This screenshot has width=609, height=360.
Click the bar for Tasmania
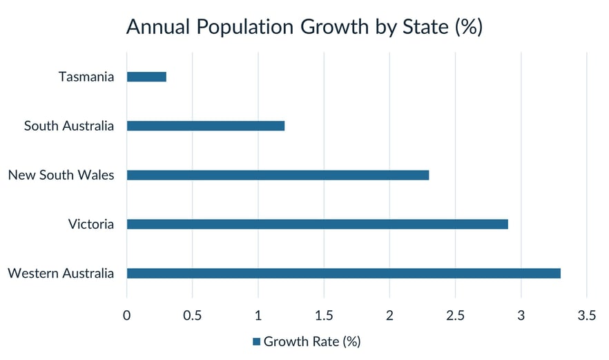point(146,77)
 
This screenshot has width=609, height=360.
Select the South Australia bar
point(206,126)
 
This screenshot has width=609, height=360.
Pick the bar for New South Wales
point(278,175)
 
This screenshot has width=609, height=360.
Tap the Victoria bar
point(318,224)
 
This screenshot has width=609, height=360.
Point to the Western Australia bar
point(344,273)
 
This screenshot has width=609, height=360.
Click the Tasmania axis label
point(86,77)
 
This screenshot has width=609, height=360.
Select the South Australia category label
point(69,126)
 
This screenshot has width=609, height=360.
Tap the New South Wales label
point(61,175)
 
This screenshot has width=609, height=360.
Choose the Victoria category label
point(91,224)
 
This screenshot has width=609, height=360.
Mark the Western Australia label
point(61,273)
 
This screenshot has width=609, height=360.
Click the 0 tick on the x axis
point(127,316)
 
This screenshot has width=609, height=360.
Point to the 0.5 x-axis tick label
point(192,316)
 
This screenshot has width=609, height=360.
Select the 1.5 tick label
point(324,316)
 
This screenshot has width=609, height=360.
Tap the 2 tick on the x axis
point(389,316)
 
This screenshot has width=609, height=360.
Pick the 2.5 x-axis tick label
point(455,316)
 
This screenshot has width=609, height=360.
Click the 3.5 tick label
point(587,316)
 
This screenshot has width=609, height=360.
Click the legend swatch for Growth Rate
point(256,341)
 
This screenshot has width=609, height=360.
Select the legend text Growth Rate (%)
point(312,341)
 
